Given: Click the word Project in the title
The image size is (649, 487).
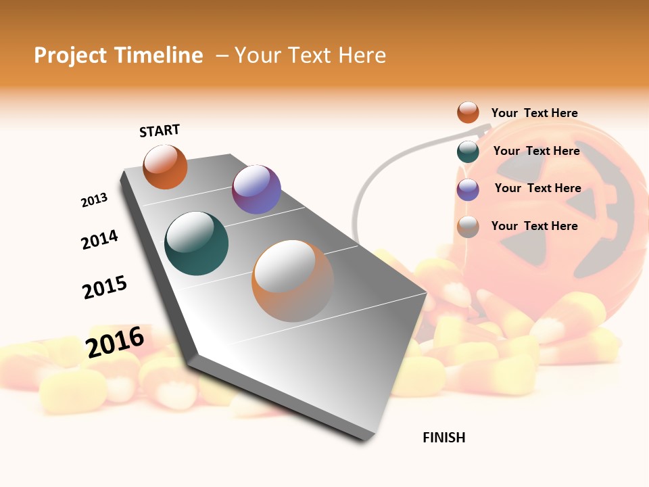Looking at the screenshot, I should pos(70,55).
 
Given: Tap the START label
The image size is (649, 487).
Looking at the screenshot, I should pos(160,131).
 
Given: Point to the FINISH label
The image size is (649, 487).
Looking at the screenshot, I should pos(443,438).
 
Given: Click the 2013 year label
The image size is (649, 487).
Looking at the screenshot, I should pos(94,200).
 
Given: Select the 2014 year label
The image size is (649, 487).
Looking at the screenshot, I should pos(99,239).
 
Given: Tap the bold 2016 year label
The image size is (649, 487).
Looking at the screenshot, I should pos(115,342).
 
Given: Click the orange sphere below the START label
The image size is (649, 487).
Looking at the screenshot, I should pos(165,166).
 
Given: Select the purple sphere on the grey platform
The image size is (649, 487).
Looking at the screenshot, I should pos(256,189).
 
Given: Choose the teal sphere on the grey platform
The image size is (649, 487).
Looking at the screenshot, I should pos(196,243).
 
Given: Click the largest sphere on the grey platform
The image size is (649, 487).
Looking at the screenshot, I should pos(292,281).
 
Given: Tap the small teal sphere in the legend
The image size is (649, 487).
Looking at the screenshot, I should pos(468,152).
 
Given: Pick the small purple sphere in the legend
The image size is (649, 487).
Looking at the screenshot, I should pos(468,189).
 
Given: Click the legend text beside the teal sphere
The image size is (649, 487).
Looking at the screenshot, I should pos(536,151).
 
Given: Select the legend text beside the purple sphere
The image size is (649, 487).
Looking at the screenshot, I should pos(537,188).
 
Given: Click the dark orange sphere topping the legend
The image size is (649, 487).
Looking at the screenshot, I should pos(468,112).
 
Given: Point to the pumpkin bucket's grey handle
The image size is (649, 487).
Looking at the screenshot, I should pos(364,183).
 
